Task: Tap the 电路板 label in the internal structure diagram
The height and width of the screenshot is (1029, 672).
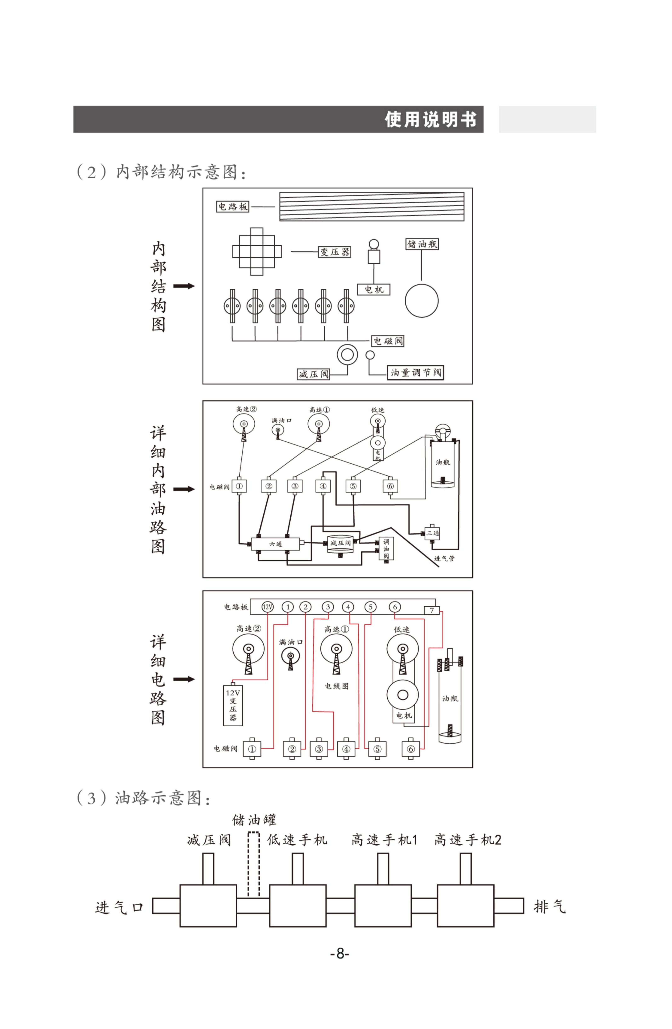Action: [x=233, y=207]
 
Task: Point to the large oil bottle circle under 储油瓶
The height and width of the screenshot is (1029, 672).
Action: [x=421, y=301]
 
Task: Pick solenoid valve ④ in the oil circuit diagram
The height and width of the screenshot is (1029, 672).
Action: [x=323, y=486]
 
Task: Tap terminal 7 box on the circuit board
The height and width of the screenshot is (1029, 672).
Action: [x=431, y=610]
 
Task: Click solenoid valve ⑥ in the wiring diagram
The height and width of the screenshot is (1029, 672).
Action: [x=411, y=749]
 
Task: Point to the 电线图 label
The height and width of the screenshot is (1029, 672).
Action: [x=336, y=686]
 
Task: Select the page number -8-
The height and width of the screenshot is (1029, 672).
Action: [x=339, y=953]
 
